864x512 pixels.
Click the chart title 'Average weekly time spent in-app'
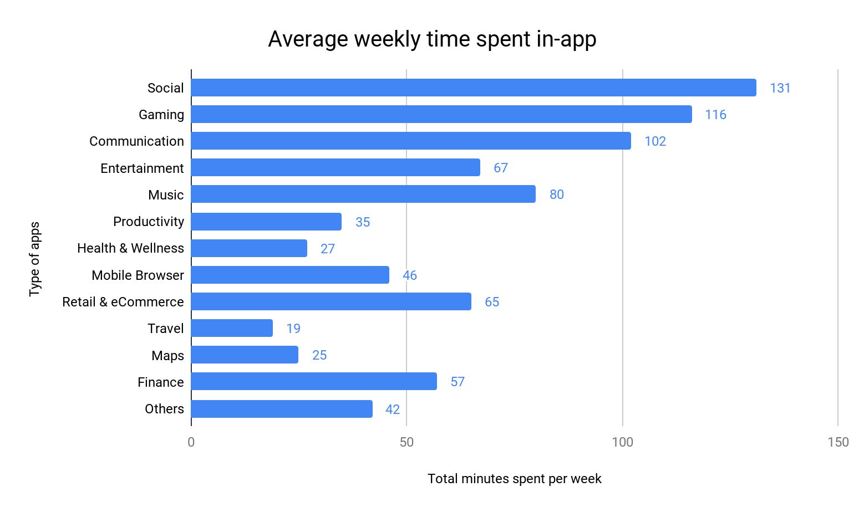432,39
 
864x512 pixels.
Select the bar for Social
474,88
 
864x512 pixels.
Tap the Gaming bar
441,114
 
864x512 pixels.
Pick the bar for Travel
232,328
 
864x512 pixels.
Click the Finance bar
314,381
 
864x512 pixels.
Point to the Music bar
363,194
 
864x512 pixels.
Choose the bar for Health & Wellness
249,248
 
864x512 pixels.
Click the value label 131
780,88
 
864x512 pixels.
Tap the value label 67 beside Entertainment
500,168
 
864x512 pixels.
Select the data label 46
409,275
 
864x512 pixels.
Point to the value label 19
293,329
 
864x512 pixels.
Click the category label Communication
136,141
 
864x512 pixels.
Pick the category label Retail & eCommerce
123,302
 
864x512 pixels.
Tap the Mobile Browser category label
138,275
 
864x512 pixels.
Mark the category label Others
164,409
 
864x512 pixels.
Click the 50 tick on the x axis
406,442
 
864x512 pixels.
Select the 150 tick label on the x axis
837,442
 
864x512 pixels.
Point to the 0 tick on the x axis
191,442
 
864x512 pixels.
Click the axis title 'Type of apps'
35,259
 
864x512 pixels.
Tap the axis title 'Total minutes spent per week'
514,479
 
